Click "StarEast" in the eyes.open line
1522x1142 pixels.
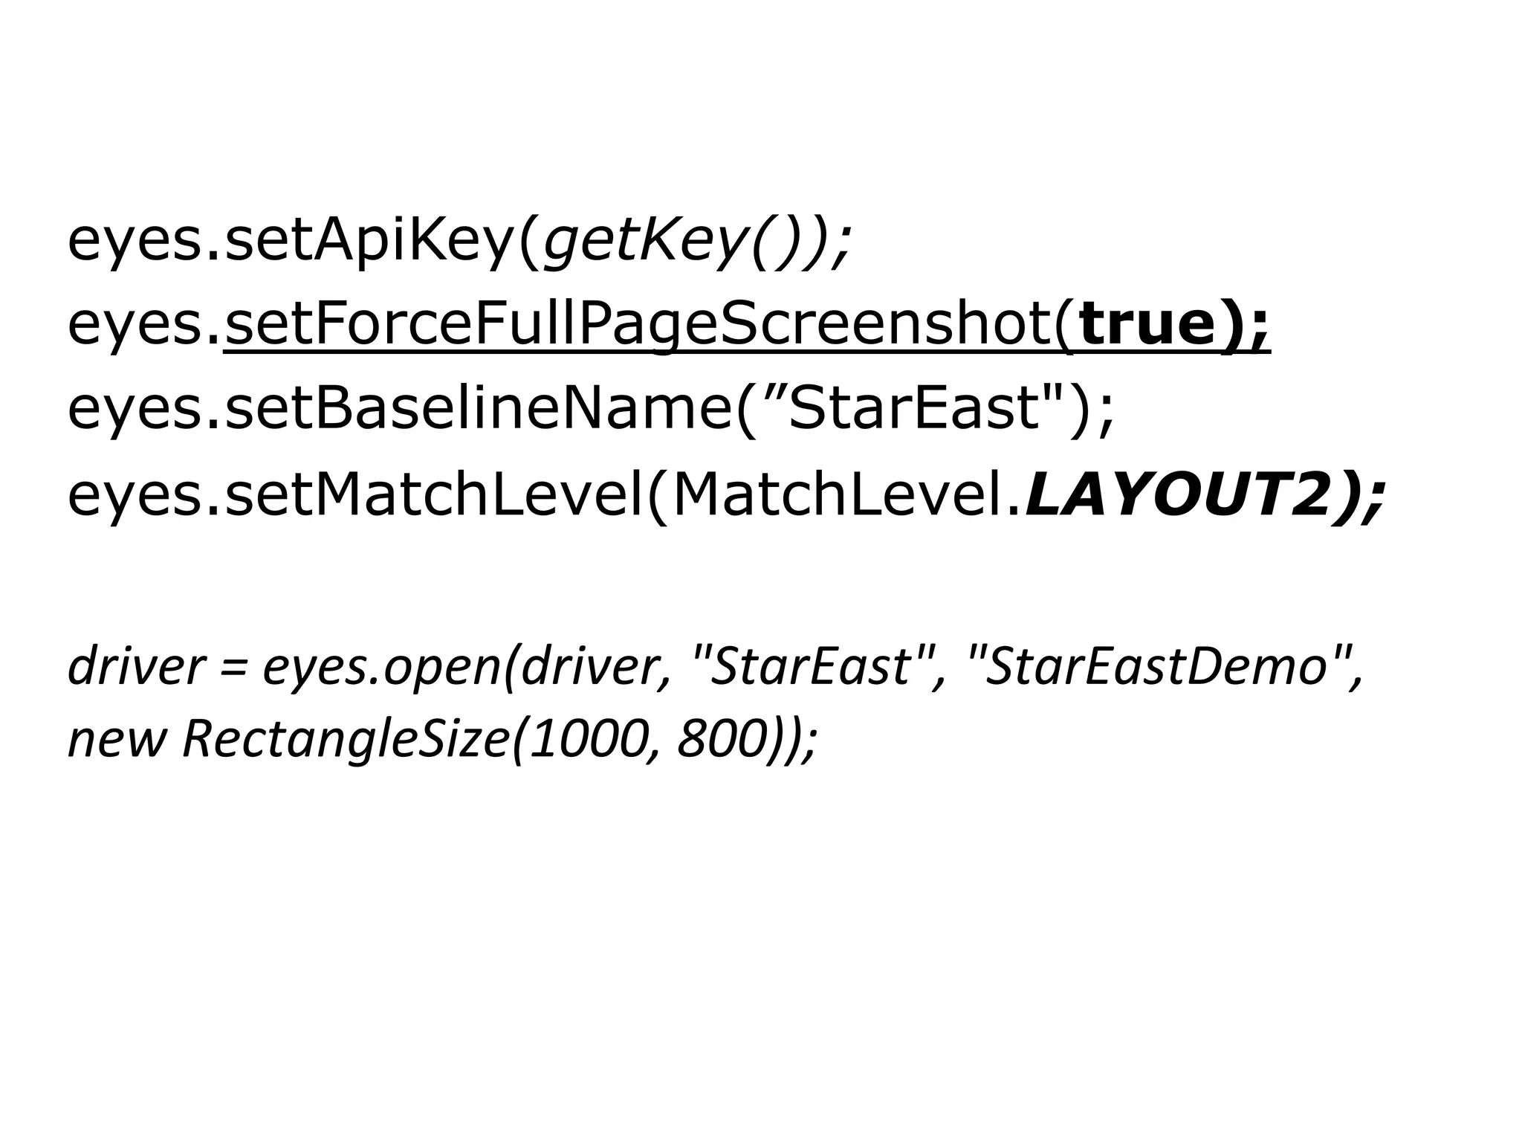(x=810, y=666)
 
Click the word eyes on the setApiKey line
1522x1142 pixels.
(x=134, y=244)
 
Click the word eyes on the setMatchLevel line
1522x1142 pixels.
(x=134, y=497)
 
